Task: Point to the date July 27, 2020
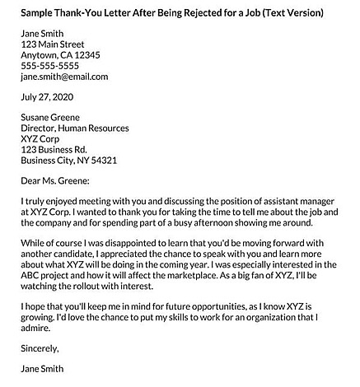click(47, 97)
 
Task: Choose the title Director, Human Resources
click(75, 128)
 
